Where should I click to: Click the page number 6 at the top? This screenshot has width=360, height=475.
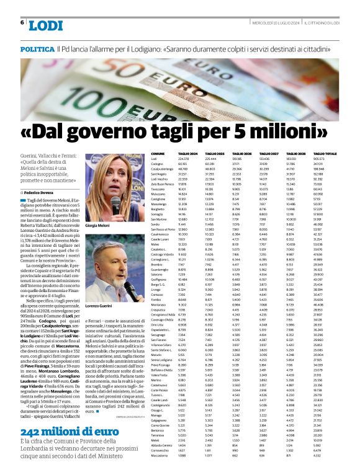click(x=22, y=22)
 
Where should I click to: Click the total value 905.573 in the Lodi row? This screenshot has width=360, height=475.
click(x=328, y=159)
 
